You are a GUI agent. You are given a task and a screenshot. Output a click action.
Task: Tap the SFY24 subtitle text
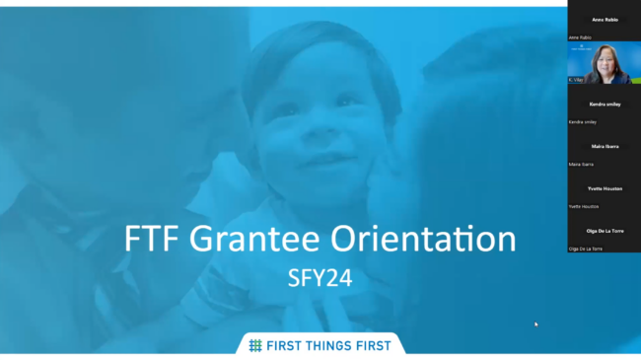(320, 280)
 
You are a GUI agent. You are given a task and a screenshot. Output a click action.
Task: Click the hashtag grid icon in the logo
(254, 345)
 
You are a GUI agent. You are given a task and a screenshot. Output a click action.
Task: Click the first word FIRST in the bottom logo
(286, 345)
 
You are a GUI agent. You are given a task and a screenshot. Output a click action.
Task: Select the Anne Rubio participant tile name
(604, 20)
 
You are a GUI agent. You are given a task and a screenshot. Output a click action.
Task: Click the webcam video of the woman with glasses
(604, 61)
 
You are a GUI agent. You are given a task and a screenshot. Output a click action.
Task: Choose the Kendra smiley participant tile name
(604, 104)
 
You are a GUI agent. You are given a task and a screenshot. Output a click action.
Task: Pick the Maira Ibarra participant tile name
(604, 146)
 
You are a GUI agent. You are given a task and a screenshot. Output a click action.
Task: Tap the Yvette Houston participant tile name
(604, 188)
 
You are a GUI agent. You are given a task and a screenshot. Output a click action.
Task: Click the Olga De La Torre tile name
(604, 231)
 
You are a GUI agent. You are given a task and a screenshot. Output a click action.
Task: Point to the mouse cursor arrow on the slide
(536, 324)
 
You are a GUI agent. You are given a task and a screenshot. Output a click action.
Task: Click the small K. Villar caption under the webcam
(575, 79)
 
